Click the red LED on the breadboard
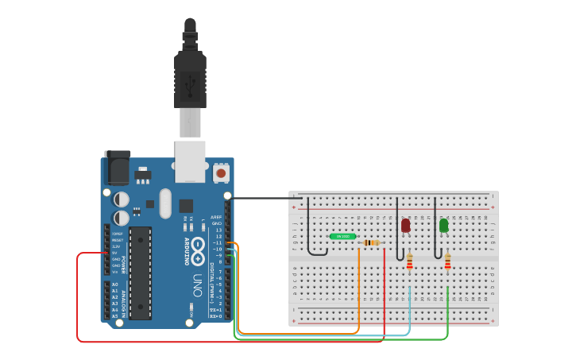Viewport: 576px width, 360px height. pos(405,226)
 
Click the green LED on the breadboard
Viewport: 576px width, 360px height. pos(443,226)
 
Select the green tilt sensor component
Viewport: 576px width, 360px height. pos(342,236)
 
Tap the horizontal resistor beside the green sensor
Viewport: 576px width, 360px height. pos(371,242)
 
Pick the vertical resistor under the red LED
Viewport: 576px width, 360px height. pos(410,261)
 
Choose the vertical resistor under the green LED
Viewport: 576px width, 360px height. pos(447,261)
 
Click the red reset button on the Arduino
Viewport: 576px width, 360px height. pos(221,172)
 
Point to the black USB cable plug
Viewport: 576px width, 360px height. pos(190,79)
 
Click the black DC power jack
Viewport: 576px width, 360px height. pos(117,168)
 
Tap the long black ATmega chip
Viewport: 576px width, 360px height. pos(140,273)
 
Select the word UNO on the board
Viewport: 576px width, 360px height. pos(197,284)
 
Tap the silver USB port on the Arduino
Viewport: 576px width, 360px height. pos(190,159)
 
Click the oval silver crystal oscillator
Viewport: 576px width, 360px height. pos(164,203)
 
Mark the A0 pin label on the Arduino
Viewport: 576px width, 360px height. pos(114,285)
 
